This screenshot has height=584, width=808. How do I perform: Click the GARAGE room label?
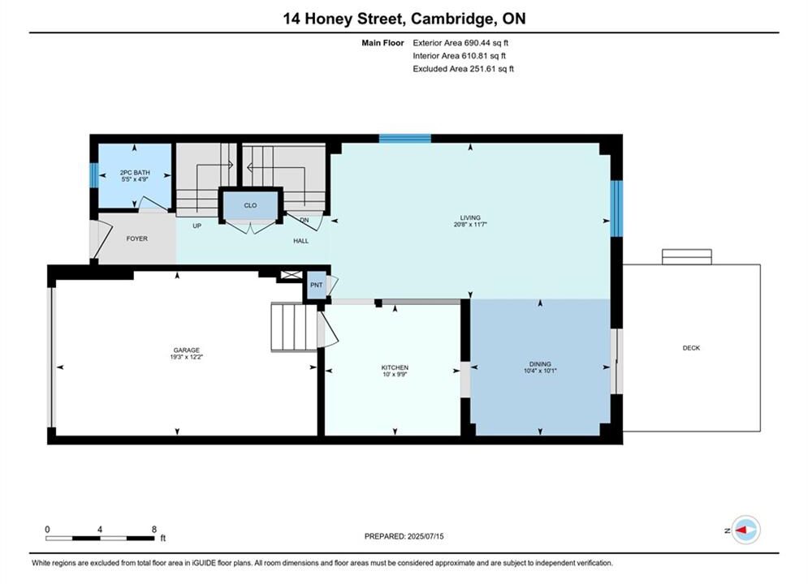[x=187, y=350]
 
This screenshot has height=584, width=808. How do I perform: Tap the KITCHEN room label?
[x=395, y=367]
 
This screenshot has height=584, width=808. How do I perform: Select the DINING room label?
[x=540, y=363]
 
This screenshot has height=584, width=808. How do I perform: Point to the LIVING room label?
[x=470, y=217]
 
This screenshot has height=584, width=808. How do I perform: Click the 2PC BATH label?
[x=135, y=173]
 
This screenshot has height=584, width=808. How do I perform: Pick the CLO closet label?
[x=250, y=205]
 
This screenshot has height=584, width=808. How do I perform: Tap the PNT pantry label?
[x=317, y=285]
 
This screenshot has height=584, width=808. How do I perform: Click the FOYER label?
[x=137, y=238]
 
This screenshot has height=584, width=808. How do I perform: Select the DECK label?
[x=691, y=348]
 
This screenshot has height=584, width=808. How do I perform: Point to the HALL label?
[x=301, y=241]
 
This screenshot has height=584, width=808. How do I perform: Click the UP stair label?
[x=197, y=225]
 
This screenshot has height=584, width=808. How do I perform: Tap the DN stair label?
[x=304, y=220]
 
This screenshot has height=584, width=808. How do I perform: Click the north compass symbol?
[x=745, y=530]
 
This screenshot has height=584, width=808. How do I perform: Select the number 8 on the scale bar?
[x=154, y=529]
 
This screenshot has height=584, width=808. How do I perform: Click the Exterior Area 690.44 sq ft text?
[x=460, y=43]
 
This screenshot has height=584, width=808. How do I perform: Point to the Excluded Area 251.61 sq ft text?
[x=463, y=69]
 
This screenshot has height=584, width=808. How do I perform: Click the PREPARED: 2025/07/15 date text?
[x=404, y=536]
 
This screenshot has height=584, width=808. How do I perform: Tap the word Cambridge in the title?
[x=451, y=19]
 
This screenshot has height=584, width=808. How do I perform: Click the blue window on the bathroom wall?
[x=93, y=175]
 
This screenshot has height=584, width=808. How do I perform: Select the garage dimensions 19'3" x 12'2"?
[x=187, y=357]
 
